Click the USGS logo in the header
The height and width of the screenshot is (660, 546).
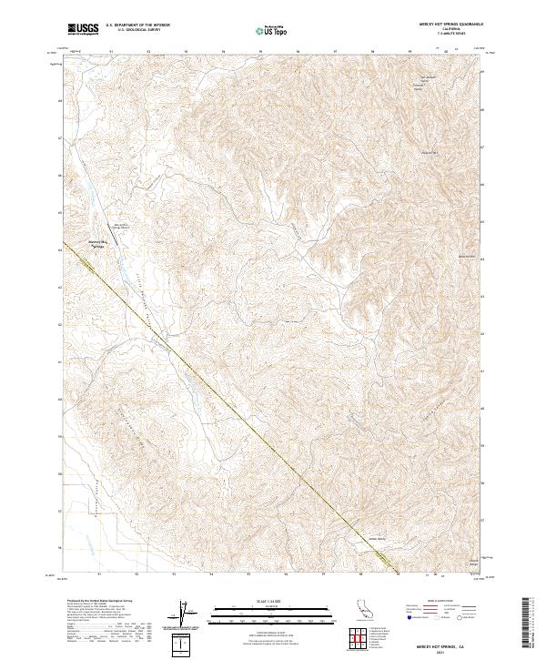[83, 29]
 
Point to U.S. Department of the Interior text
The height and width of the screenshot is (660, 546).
[137, 25]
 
